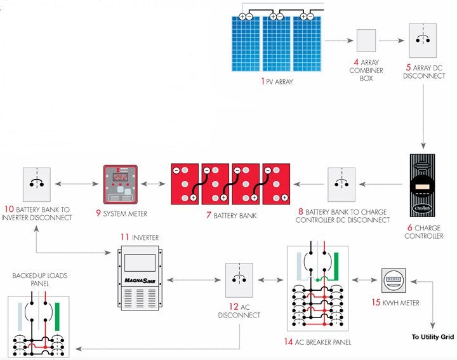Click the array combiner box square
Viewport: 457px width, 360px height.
point(366,41)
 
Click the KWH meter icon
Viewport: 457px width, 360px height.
point(394,279)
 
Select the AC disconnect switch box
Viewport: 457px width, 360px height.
point(239,280)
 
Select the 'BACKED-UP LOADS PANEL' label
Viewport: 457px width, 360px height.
point(39,280)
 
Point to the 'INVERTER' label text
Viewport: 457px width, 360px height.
point(145,237)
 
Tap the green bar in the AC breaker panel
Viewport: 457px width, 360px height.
point(336,267)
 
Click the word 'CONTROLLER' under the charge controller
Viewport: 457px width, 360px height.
point(423,236)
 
